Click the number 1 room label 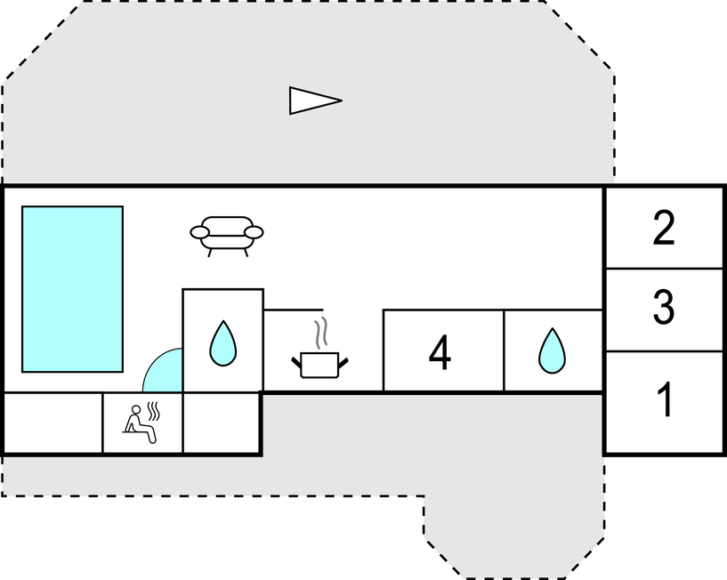[664, 401]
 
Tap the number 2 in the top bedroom [664, 229]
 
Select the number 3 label [664, 307]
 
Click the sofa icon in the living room [227, 234]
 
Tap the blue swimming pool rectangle [72, 289]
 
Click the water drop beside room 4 [552, 351]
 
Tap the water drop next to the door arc [222, 342]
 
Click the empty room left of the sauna [53, 423]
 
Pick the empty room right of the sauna [222, 423]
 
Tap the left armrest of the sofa [199, 233]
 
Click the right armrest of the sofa [254, 233]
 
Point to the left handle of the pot [296, 360]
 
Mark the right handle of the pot [344, 360]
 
